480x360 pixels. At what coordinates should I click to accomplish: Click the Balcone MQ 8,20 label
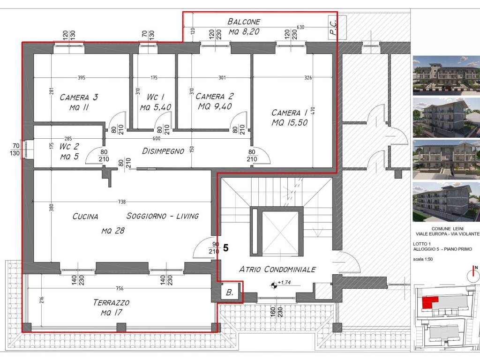(x=244, y=27)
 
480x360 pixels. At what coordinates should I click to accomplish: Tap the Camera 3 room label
(x=79, y=102)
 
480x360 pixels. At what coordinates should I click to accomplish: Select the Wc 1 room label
(x=156, y=102)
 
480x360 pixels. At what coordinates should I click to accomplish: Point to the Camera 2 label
(x=215, y=101)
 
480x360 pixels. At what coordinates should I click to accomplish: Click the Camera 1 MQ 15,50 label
(x=290, y=118)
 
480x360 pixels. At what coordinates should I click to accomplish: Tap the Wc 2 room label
(x=69, y=151)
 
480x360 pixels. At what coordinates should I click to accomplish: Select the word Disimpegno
(x=163, y=151)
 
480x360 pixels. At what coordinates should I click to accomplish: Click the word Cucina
(x=85, y=217)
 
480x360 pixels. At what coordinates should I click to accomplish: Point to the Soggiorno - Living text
(x=163, y=216)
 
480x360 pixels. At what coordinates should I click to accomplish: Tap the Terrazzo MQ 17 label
(x=112, y=307)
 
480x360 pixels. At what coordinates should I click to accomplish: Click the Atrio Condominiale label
(x=277, y=270)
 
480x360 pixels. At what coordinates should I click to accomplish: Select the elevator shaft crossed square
(x=280, y=233)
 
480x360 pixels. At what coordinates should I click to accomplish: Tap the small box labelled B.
(x=230, y=292)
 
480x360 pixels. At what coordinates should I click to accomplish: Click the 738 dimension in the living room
(x=122, y=202)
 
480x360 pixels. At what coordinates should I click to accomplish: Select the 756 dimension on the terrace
(x=120, y=288)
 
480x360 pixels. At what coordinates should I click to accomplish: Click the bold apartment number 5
(x=226, y=247)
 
